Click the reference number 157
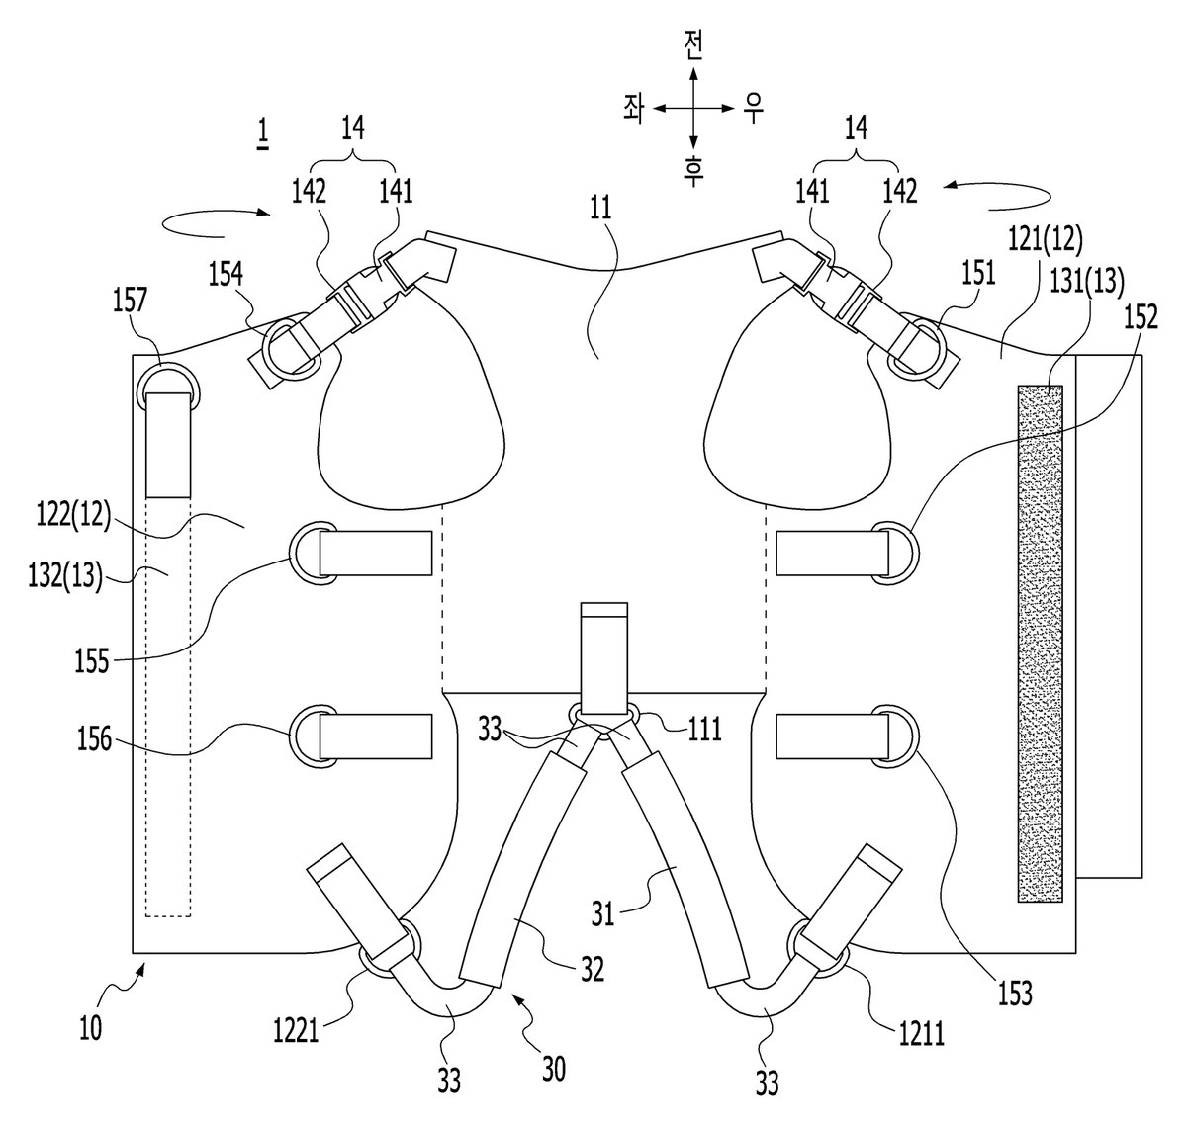click(x=130, y=300)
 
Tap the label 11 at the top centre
click(x=600, y=208)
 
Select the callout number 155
click(x=92, y=661)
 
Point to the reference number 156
click(x=94, y=738)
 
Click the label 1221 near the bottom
click(x=296, y=1031)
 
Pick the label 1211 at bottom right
click(x=921, y=1034)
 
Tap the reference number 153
click(x=1015, y=994)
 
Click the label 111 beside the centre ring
click(x=705, y=730)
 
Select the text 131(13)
click(x=1087, y=282)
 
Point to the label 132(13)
click(x=65, y=576)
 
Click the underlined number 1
click(x=263, y=134)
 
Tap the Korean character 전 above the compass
click(x=693, y=45)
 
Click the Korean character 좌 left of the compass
click(x=633, y=110)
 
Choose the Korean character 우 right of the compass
click(x=754, y=109)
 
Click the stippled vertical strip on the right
click(x=1041, y=643)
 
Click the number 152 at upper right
click(x=1140, y=317)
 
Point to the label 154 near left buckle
click(x=226, y=275)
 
